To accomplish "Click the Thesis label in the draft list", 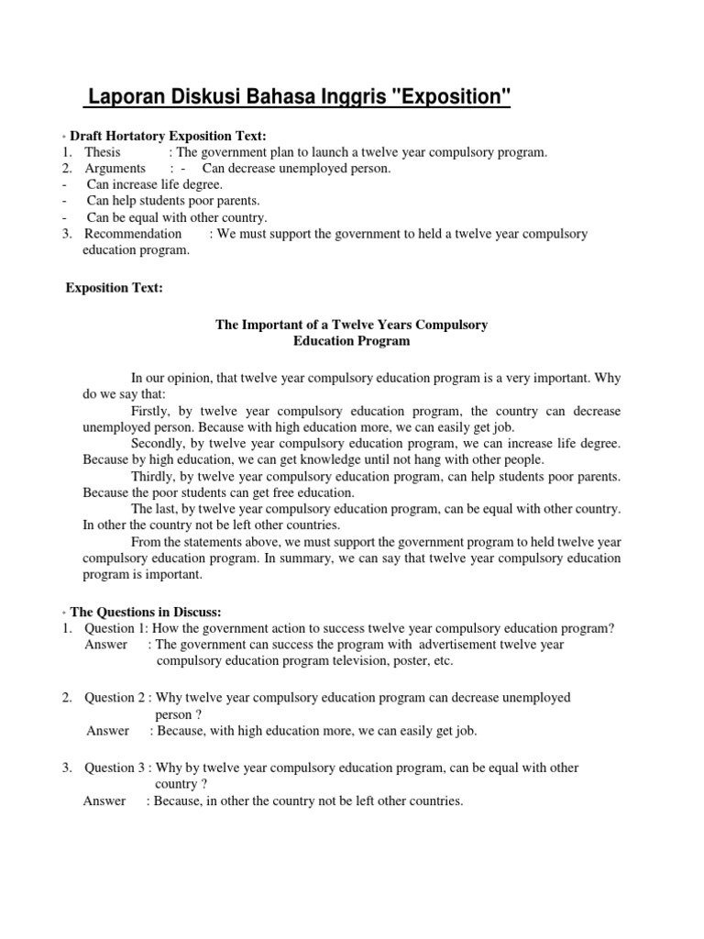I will pyautogui.click(x=103, y=152).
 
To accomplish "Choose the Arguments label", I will pyautogui.click(x=115, y=169).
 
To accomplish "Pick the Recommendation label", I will pyautogui.click(x=133, y=234).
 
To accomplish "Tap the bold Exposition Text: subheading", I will pyautogui.click(x=114, y=288).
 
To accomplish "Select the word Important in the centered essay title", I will pyautogui.click(x=274, y=325).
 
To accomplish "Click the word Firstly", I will pyautogui.click(x=151, y=410).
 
